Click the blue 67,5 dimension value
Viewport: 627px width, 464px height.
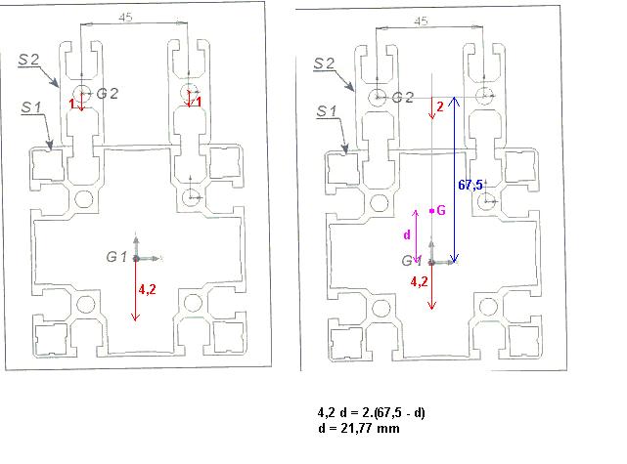click(x=470, y=183)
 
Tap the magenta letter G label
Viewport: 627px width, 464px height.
click(x=441, y=210)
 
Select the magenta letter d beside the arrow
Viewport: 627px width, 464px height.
click(x=407, y=235)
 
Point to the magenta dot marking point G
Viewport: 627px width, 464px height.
click(x=430, y=210)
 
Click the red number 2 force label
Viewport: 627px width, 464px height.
click(x=440, y=106)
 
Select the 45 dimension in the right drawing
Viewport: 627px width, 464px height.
click(x=422, y=20)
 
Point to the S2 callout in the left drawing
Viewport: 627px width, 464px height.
click(x=27, y=60)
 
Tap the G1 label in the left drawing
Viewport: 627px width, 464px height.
click(x=117, y=256)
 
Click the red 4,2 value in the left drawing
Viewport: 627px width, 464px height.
click(x=148, y=289)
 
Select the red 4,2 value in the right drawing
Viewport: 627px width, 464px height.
click(x=418, y=281)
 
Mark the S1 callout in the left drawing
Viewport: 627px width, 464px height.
click(x=30, y=107)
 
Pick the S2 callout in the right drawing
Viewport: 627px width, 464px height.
click(x=325, y=63)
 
